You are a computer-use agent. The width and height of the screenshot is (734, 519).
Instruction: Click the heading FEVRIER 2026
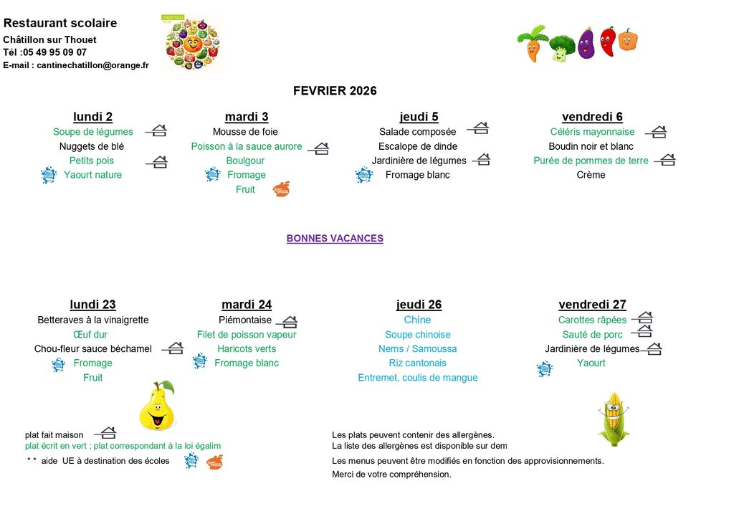coord(335,91)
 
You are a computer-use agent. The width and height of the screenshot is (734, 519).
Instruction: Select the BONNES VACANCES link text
coord(335,239)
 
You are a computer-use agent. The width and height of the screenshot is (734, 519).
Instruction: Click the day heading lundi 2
coord(92,117)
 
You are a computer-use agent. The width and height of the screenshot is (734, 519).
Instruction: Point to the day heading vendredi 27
coord(591,305)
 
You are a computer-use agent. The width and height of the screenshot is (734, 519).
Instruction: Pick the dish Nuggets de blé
coord(92,146)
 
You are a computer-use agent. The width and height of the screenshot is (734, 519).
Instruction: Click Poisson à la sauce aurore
coord(247,146)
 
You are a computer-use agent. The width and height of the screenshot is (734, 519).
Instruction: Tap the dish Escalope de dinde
coord(418,146)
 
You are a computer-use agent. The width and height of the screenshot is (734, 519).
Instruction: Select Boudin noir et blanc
coord(591,146)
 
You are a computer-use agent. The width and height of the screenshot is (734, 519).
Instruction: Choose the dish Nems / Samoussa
coord(418,349)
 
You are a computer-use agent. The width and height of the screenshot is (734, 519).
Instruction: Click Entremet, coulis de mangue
coord(418,378)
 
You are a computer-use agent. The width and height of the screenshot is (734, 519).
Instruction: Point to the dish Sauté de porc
coord(592,335)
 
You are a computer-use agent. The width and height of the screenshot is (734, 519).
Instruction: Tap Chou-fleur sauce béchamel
coord(93,349)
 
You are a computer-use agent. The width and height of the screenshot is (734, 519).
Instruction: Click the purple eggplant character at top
coord(586,43)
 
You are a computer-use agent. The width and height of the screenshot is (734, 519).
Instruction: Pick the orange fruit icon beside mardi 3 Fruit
coord(282,189)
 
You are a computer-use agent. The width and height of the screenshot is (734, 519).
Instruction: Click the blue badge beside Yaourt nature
coord(49,175)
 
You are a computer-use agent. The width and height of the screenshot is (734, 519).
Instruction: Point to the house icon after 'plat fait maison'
coord(105,434)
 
